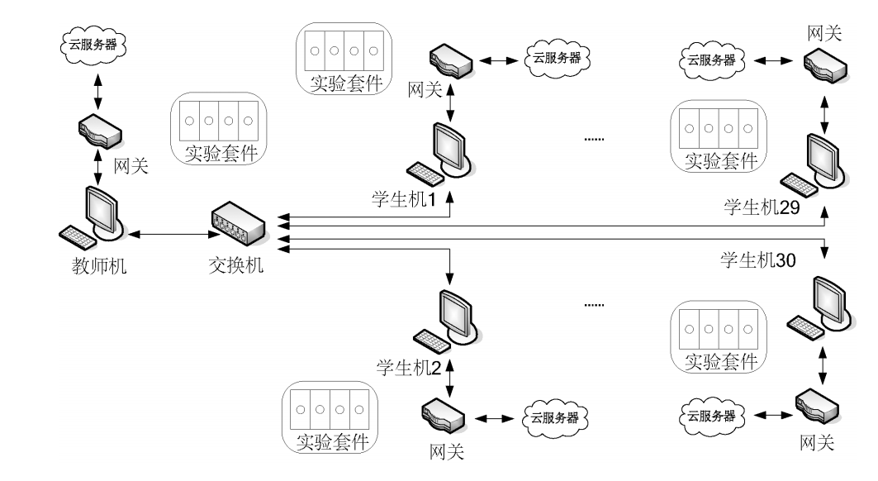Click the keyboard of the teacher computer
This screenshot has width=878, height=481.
click(80, 237)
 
